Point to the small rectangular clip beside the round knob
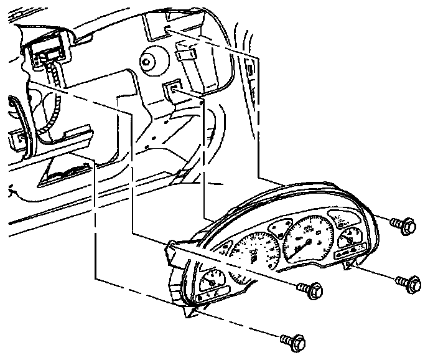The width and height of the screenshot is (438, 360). point(184,55)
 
